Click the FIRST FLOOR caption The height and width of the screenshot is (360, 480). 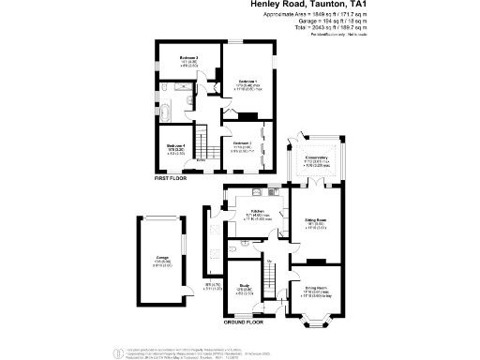[172, 177]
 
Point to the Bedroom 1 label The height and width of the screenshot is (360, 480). [247, 82]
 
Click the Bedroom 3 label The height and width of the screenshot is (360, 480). [242, 143]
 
